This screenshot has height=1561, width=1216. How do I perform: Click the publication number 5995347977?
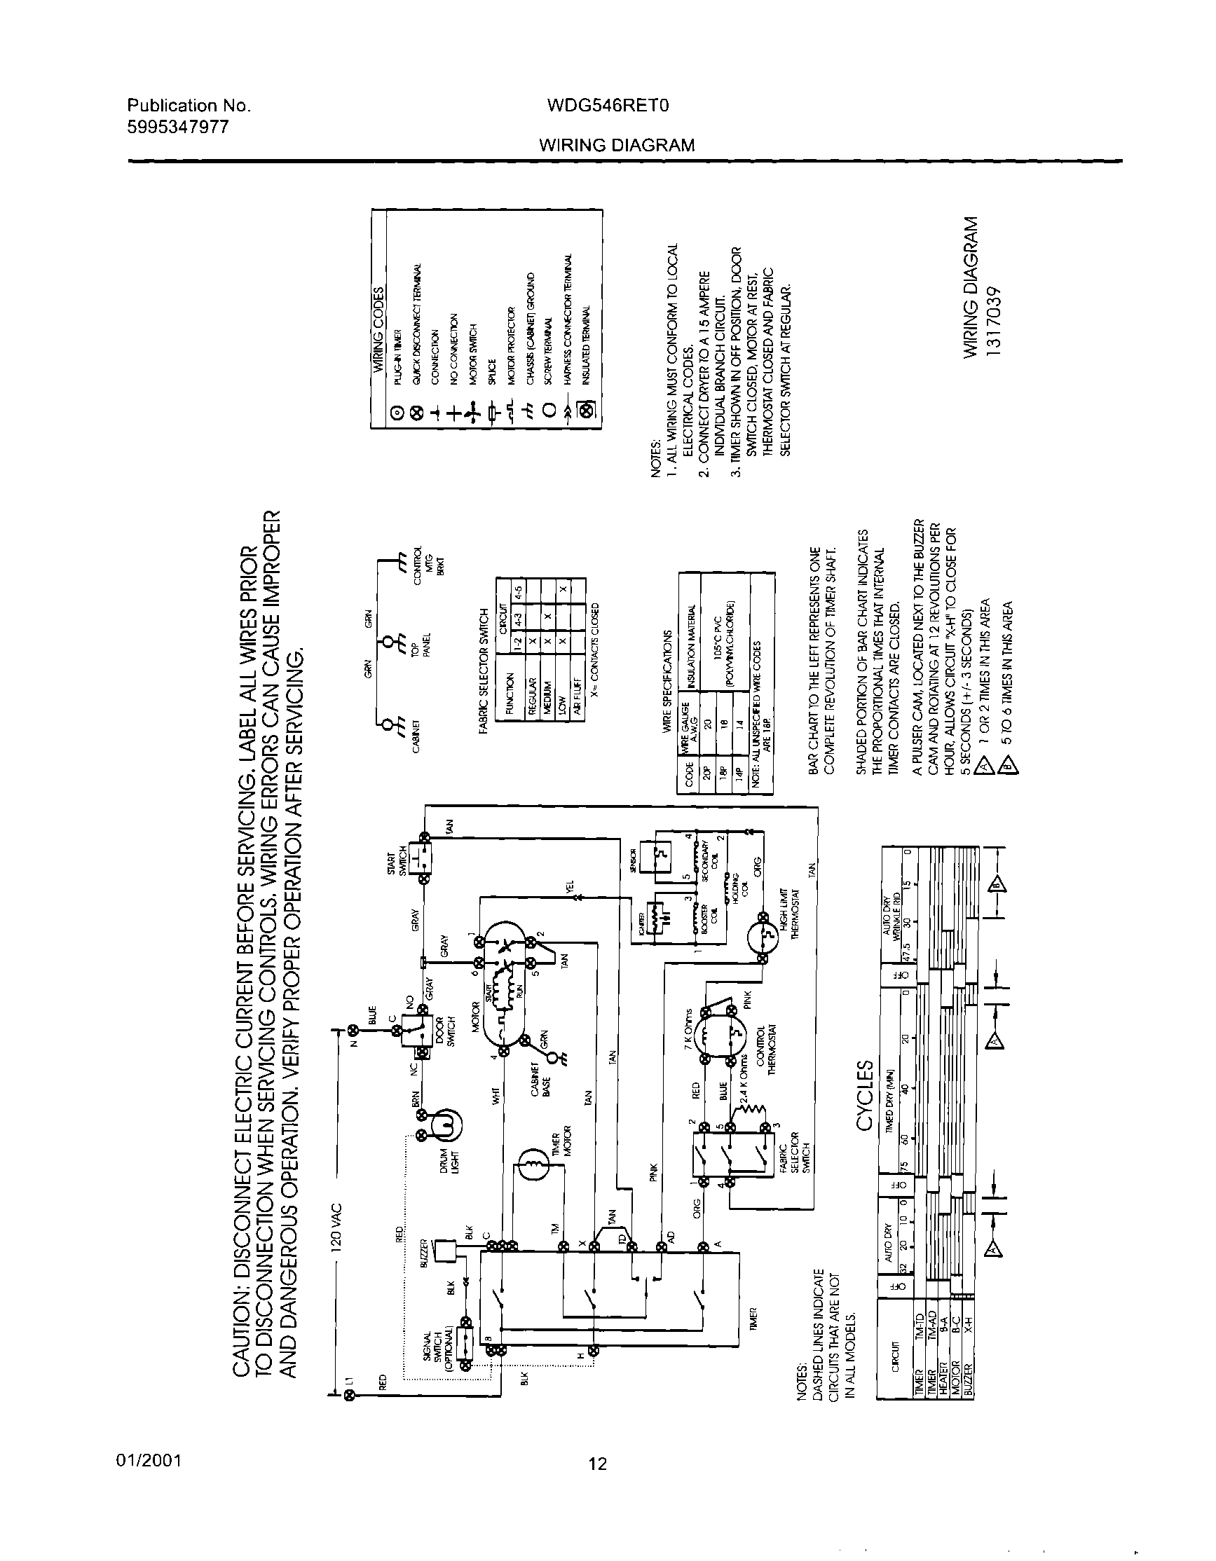pyautogui.click(x=178, y=128)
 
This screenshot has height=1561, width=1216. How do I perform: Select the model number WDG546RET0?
pyautogui.click(x=607, y=106)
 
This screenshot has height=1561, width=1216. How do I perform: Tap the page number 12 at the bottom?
pyautogui.click(x=597, y=1464)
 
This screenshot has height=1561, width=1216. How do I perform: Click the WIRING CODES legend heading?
pyautogui.click(x=379, y=329)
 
